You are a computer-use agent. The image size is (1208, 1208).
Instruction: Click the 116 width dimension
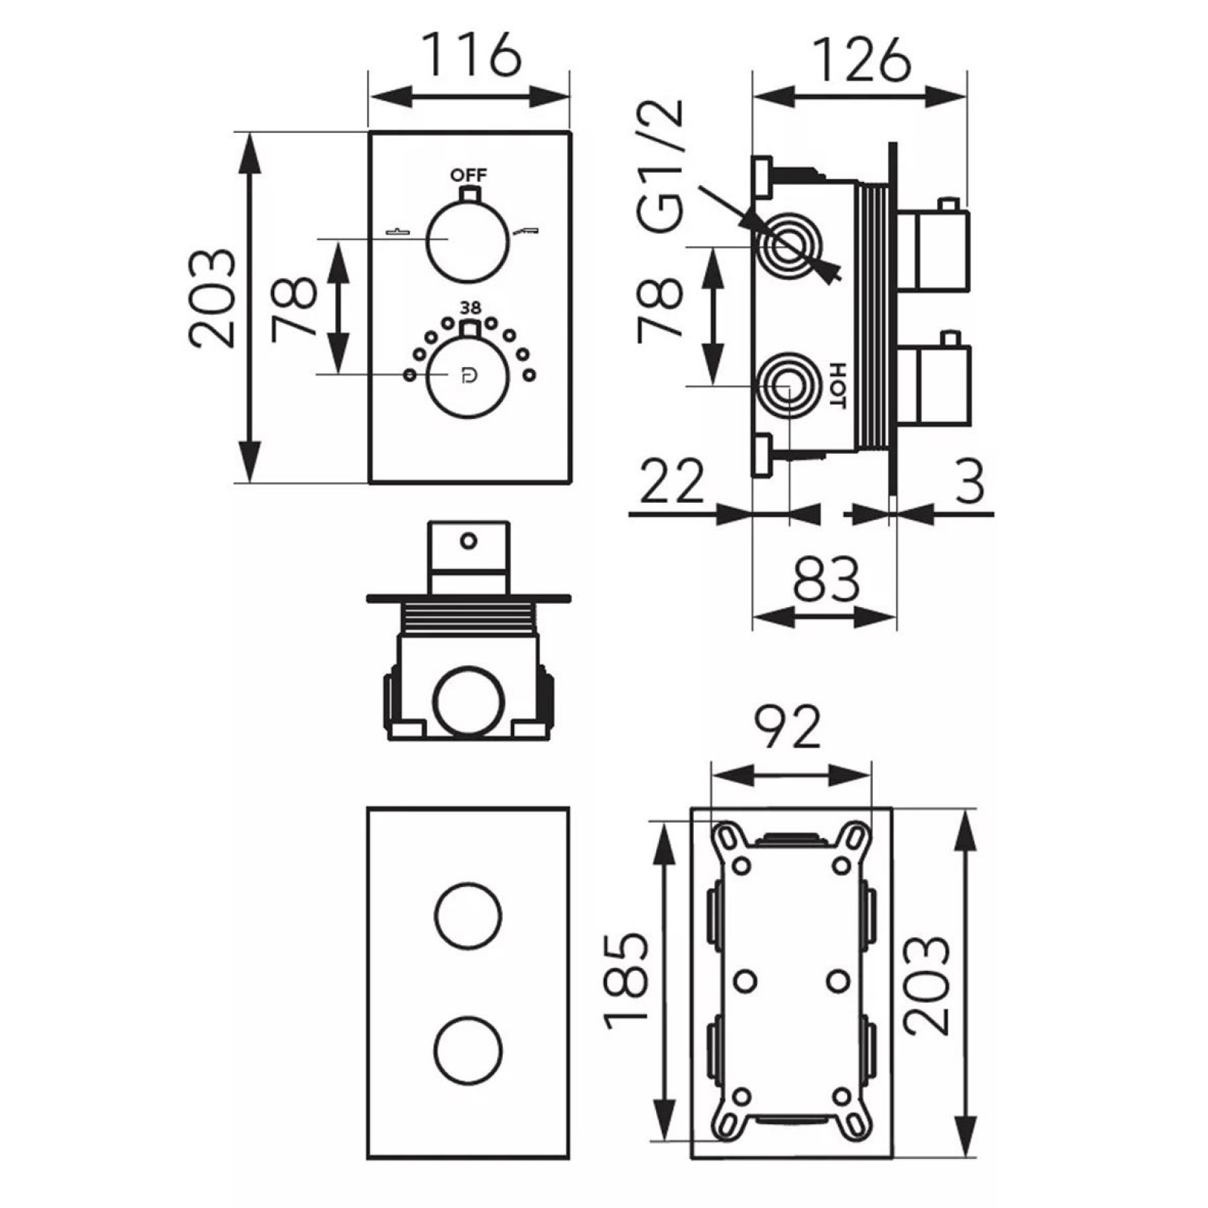[x=470, y=54]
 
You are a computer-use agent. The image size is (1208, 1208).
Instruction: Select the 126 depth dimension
[x=861, y=59]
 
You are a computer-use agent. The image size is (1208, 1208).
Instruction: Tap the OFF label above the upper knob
[x=469, y=175]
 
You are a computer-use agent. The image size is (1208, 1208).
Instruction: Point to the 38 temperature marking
[x=470, y=308]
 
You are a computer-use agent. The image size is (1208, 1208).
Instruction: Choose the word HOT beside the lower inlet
[x=837, y=386]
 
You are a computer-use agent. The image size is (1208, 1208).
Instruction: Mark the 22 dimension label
[x=672, y=481]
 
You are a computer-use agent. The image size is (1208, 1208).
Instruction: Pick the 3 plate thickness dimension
[x=970, y=482]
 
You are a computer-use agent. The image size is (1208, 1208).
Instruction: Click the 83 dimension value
[x=827, y=579]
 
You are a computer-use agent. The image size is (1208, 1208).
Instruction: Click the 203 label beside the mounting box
[x=926, y=985]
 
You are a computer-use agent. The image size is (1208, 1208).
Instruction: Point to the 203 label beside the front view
[x=212, y=298]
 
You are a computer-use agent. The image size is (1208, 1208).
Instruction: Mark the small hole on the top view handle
[x=469, y=541]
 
